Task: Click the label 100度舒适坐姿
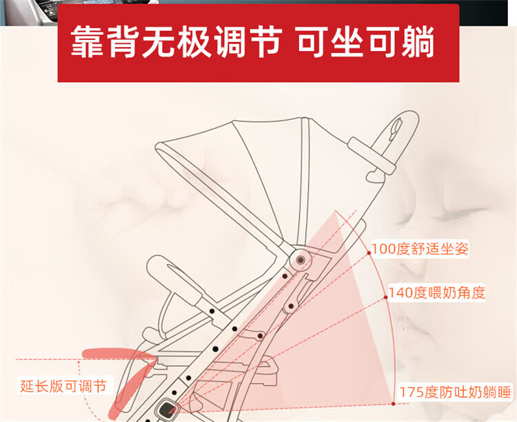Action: pyautogui.click(x=420, y=249)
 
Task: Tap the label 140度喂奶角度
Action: pyautogui.click(x=436, y=292)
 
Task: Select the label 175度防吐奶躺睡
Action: pyautogui.click(x=455, y=392)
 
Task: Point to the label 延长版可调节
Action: pyautogui.click(x=63, y=385)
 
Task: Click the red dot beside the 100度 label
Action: pyautogui.click(x=369, y=253)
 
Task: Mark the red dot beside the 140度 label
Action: pyautogui.click(x=385, y=297)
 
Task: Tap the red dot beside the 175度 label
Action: pyautogui.click(x=394, y=403)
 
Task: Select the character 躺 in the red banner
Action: pyautogui.click(x=418, y=43)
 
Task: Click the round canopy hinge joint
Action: pyautogui.click(x=301, y=260)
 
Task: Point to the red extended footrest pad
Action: pyautogui.click(x=119, y=353)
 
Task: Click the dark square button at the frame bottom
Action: pyautogui.click(x=167, y=409)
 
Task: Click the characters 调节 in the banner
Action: pyautogui.click(x=248, y=43)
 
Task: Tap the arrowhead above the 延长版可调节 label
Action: pyautogui.click(x=79, y=362)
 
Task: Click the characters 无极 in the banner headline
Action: pyautogui.click(x=176, y=43)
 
